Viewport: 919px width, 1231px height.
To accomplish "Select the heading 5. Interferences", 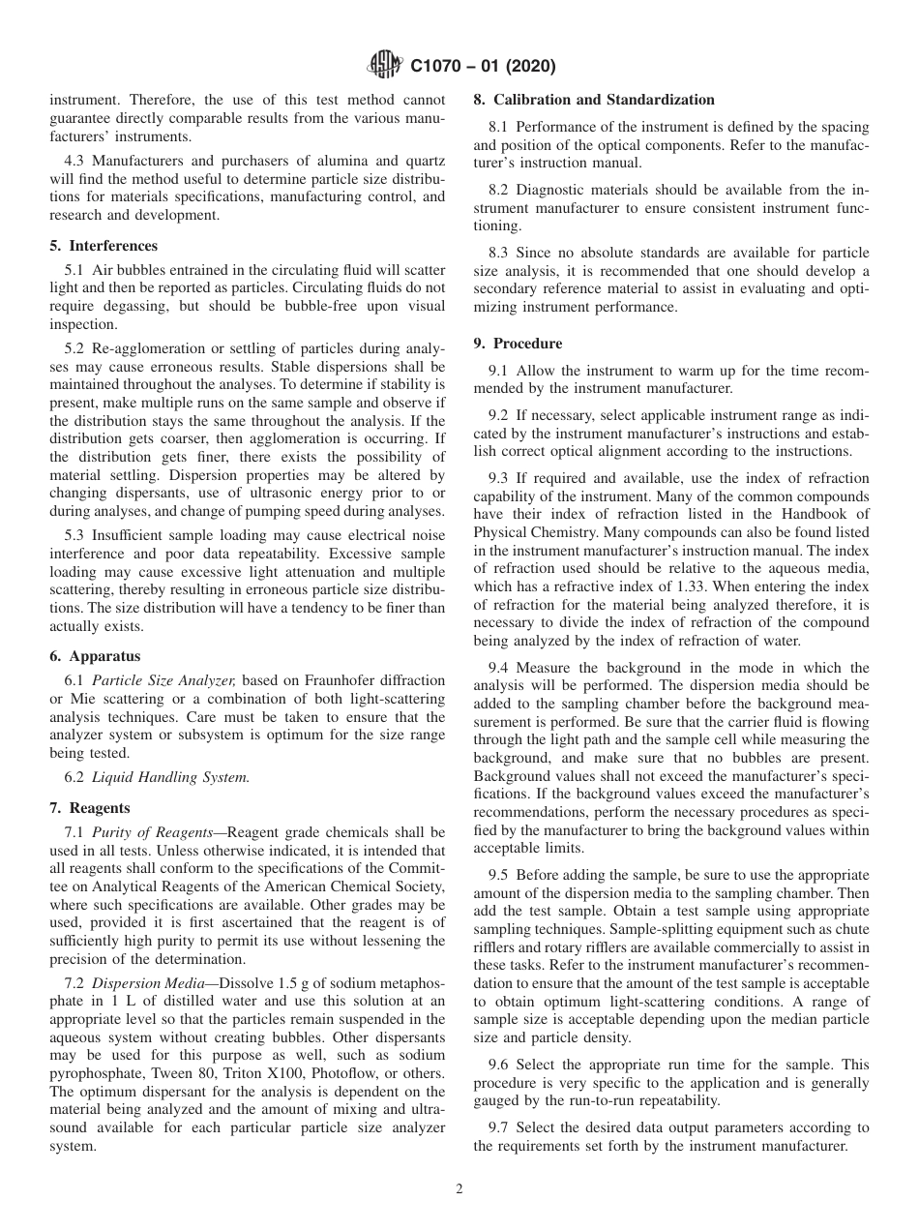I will point(104,246).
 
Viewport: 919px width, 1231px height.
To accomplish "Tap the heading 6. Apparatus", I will point(95,655).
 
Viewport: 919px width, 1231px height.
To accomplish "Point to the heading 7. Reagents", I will point(90,807).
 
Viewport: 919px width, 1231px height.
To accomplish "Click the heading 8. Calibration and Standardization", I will point(594,100).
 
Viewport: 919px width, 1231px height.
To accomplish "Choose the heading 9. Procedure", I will point(518,343).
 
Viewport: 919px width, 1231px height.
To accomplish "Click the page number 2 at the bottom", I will point(459,1189).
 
